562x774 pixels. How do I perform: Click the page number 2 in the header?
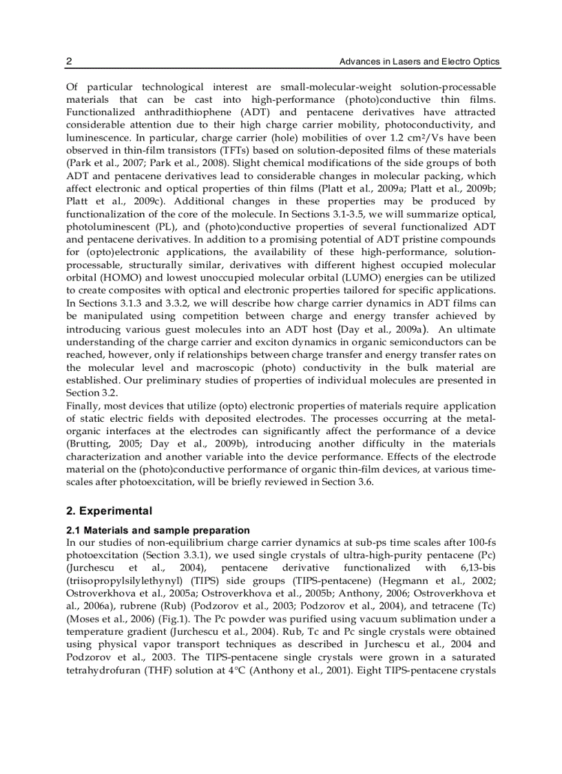[x=69, y=62]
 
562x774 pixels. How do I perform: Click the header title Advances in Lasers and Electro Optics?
[x=419, y=62]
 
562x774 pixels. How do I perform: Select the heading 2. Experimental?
[x=109, y=511]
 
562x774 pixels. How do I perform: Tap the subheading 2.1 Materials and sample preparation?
[x=158, y=530]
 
